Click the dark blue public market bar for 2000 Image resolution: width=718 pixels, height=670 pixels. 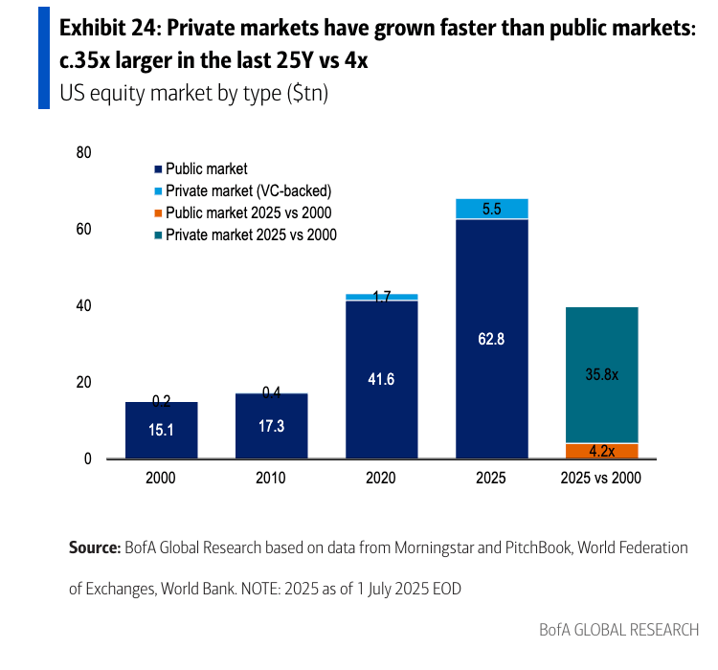[161, 431]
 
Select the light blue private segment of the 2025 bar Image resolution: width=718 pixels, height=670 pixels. [492, 209]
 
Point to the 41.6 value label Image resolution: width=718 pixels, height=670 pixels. [381, 379]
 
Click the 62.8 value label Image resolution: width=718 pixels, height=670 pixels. [492, 338]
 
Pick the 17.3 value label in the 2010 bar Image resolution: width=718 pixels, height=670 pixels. [272, 426]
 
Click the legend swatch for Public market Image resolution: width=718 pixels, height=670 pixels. [158, 169]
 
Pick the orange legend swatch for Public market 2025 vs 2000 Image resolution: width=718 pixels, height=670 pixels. [158, 212]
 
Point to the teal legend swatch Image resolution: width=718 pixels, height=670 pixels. [158, 234]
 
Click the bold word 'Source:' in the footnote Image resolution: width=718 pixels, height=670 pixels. [94, 548]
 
